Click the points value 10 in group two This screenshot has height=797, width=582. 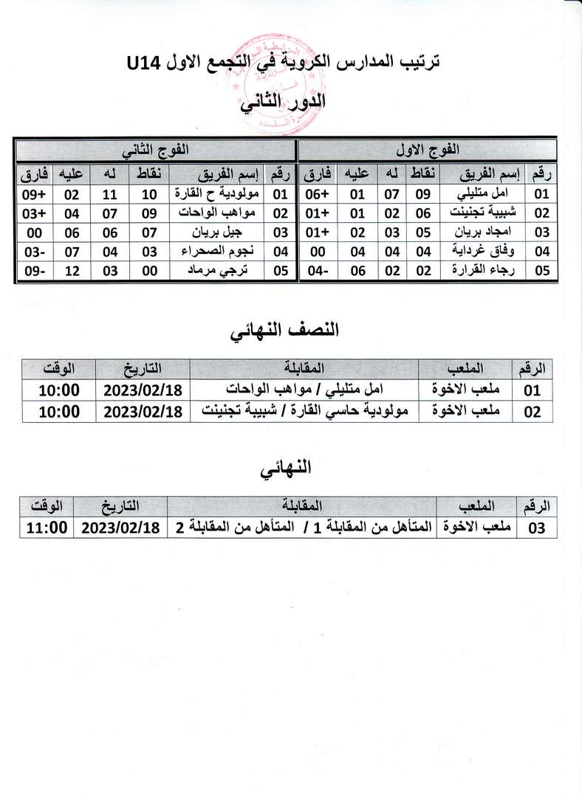pyautogui.click(x=150, y=194)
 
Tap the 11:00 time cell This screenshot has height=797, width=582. pyautogui.click(x=47, y=528)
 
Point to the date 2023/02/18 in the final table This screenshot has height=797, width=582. pyautogui.click(x=120, y=528)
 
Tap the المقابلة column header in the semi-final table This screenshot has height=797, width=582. pyautogui.click(x=304, y=368)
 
